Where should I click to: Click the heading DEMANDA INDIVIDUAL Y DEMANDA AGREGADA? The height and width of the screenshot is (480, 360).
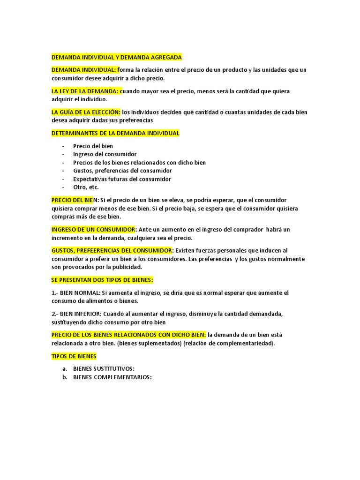tap(116, 57)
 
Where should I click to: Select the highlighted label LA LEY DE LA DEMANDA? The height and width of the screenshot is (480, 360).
tap(86, 91)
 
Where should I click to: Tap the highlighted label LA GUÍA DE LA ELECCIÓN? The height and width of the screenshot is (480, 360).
tap(86, 112)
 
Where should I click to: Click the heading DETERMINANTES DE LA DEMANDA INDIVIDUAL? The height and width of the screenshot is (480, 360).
tap(115, 133)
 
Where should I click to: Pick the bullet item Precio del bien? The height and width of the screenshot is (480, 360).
tap(93, 146)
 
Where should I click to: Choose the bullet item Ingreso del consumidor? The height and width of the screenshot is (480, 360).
tap(105, 154)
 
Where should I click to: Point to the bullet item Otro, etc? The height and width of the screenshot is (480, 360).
tap(86, 187)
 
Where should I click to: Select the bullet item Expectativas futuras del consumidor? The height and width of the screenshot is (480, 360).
tap(122, 179)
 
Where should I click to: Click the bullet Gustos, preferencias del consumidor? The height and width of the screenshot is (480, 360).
tap(122, 171)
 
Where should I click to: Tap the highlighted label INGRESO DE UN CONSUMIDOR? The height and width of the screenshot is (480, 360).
tap(93, 229)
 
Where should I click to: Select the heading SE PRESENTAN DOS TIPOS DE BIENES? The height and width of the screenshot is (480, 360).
tap(102, 280)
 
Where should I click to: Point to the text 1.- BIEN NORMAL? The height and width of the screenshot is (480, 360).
tap(76, 292)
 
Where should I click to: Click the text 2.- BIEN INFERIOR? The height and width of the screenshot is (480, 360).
tap(77, 314)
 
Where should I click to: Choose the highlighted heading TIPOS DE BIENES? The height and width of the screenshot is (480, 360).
tap(74, 356)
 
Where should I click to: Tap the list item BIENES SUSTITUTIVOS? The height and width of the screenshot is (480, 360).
tap(104, 368)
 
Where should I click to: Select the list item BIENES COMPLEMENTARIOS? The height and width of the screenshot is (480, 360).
tap(112, 377)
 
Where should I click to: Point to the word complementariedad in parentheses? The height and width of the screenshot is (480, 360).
tap(244, 343)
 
